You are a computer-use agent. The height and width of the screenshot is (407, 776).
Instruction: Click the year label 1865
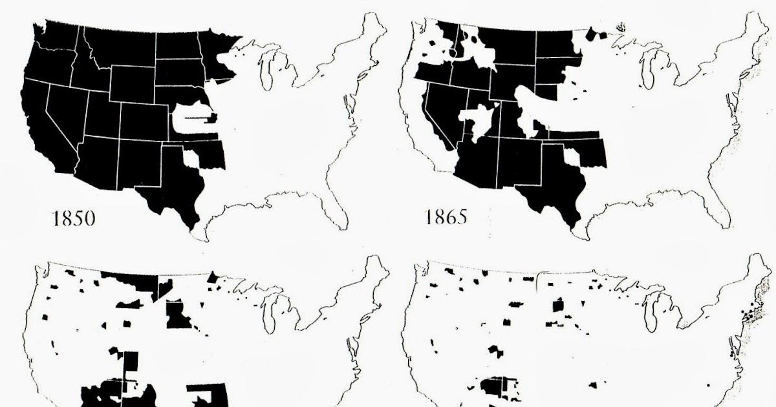coord(445,216)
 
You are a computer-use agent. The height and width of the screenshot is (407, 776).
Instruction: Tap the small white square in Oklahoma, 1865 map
coord(572,156)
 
